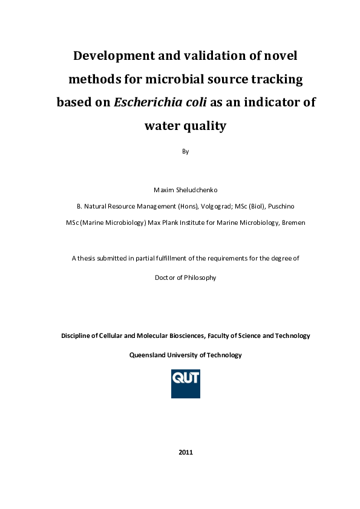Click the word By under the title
(186, 151)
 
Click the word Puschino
(280, 206)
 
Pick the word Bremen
(293, 222)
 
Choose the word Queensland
(149, 355)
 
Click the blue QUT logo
(186, 383)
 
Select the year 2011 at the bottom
(186, 452)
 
